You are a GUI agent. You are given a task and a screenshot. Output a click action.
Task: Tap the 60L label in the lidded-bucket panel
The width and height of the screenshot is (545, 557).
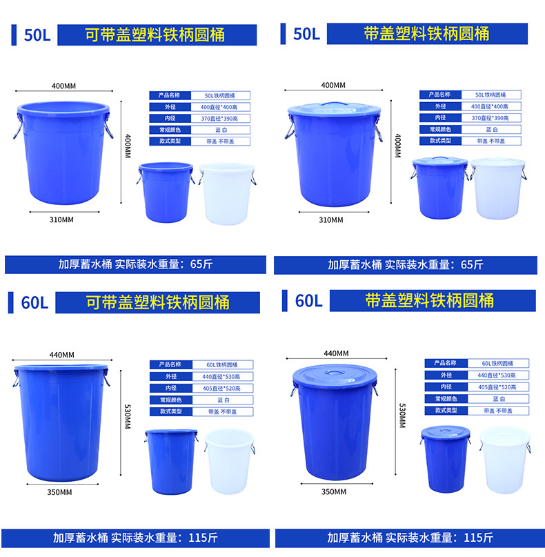[308, 300]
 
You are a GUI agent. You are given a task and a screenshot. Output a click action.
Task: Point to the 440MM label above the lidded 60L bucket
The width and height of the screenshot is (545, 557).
[336, 354]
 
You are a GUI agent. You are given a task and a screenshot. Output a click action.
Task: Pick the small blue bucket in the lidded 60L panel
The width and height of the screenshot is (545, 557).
[444, 456]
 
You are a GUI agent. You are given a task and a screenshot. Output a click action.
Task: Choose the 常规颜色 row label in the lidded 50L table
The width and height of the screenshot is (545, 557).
[440, 129]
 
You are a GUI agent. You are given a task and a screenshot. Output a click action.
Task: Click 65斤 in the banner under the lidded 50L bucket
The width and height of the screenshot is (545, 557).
[472, 264]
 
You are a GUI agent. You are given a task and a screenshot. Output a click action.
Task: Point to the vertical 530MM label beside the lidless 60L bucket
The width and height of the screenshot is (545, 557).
[128, 415]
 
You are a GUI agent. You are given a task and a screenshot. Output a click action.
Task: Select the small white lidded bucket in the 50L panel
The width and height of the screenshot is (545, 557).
[497, 188]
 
